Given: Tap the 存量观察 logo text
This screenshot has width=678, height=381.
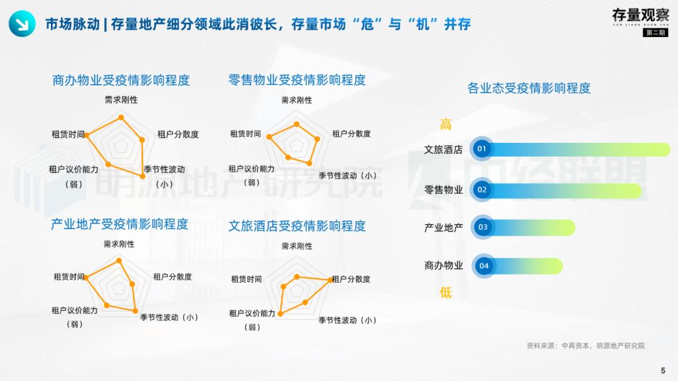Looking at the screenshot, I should pos(640,15).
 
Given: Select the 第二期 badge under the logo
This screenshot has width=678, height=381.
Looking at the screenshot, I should pos(655,33).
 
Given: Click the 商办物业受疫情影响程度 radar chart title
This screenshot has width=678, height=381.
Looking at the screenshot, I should pos(121,80).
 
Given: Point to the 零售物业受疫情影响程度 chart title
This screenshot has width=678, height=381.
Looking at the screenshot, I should pos(297,80).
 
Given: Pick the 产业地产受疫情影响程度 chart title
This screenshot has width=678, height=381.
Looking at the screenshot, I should pos(119,224).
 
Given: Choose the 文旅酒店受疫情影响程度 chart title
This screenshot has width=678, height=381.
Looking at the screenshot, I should pos(297,226).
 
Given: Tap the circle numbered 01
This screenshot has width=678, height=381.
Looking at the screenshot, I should pos(482,149).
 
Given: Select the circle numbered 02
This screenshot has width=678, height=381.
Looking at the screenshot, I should pos(482,190).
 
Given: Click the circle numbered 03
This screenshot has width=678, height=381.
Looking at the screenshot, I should pos(483,227).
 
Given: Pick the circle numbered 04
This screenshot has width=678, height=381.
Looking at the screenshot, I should pos(484,266).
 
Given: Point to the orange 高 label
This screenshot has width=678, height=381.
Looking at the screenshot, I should pos(446,124).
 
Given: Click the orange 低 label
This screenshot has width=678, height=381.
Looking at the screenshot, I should pos(446,292).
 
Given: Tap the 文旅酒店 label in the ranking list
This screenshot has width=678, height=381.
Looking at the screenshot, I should pos(443,150).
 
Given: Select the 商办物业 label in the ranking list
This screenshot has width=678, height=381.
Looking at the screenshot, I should pos(443,266).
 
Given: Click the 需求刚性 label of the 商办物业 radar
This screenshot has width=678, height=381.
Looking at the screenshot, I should pos(121,100).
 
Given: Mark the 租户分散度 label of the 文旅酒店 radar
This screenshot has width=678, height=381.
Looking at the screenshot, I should pos(351,279).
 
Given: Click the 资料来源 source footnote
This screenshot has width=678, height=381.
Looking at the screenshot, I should pos(585,345).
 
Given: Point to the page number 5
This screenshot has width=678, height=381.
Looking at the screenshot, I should pos(663,370).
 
